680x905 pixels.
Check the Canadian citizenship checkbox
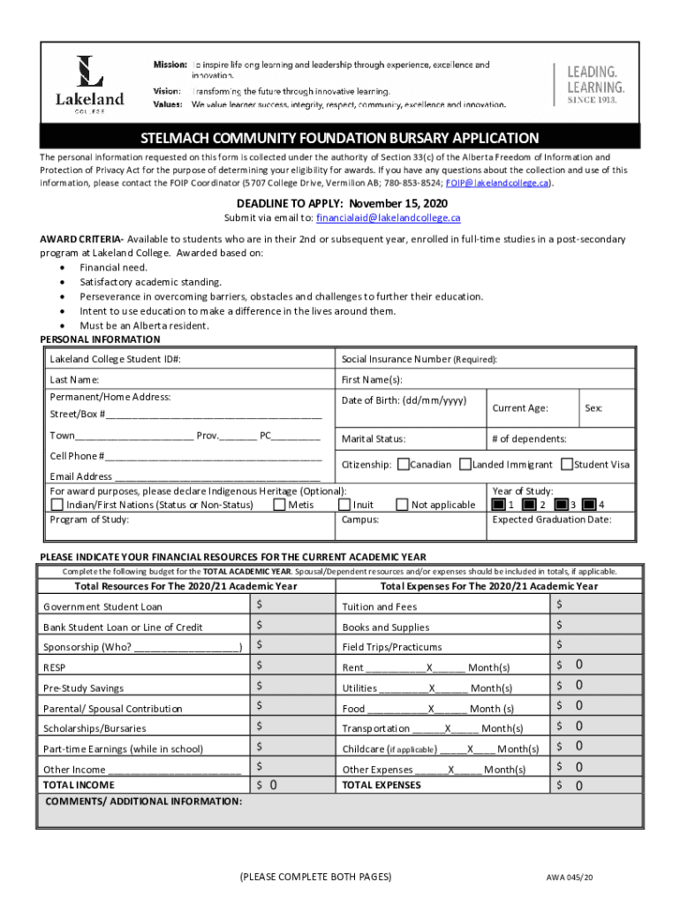[404, 464]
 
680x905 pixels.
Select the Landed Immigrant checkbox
[465, 464]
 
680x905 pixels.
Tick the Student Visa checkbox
[567, 464]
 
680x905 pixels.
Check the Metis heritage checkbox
[279, 505]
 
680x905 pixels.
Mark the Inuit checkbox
[344, 505]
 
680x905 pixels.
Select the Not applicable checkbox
[402, 505]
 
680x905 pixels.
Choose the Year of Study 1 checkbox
[499, 505]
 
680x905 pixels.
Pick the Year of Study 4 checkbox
[589, 505]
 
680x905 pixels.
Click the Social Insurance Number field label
[419, 360]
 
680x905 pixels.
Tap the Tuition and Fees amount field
[595, 605]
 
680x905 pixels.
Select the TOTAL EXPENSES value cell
[595, 785]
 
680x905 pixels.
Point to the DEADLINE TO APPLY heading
[342, 203]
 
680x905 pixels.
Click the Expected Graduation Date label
[551, 520]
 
